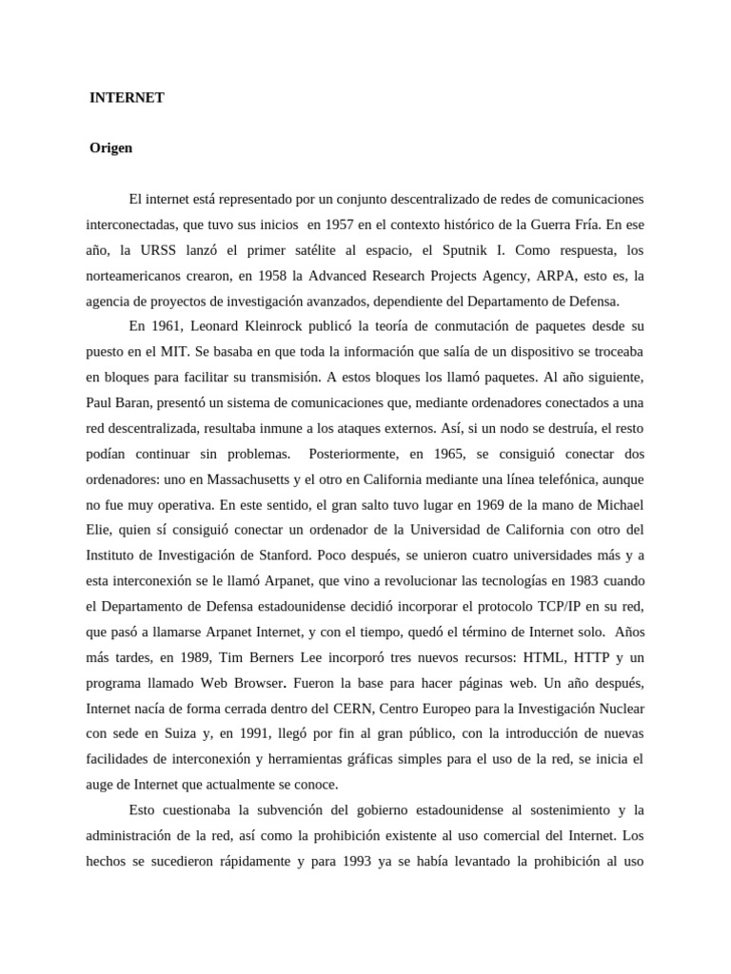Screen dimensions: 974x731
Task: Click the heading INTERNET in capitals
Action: (127, 98)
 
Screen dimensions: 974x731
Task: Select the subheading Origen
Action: (111, 148)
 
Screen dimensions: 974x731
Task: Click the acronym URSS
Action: (139, 251)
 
